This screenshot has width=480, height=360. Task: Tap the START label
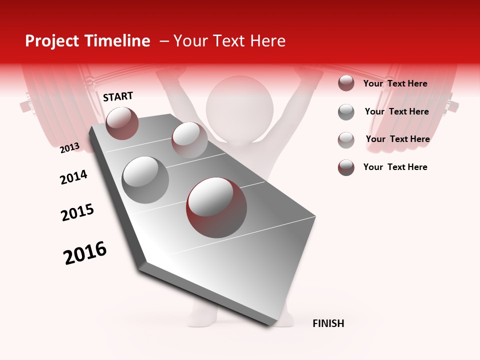tap(118, 96)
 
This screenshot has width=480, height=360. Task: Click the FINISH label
tap(328, 323)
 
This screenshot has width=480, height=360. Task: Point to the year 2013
tap(69, 148)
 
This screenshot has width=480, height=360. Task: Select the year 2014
tap(73, 177)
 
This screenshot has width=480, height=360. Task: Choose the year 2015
tap(77, 212)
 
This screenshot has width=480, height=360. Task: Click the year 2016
tap(85, 253)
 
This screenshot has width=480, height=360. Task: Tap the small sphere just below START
tap(122, 123)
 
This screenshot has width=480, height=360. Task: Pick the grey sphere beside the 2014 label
tap(145, 180)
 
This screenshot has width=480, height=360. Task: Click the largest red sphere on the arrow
tap(216, 207)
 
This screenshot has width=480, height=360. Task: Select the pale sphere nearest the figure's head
tap(189, 140)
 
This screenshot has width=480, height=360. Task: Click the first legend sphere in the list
tap(346, 83)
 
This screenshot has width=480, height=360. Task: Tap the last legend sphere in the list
tap(346, 167)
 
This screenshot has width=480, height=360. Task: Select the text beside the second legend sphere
tap(396, 111)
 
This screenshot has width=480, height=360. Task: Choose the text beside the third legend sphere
tap(397, 139)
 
